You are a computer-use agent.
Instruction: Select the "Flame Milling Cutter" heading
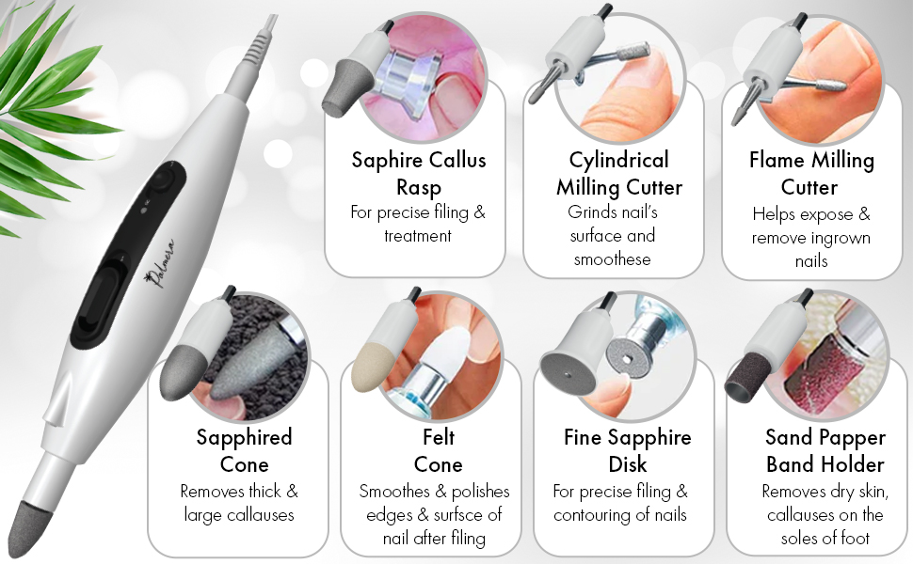(810, 172)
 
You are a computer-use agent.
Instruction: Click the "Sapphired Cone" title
(244, 450)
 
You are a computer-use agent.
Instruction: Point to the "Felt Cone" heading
(438, 450)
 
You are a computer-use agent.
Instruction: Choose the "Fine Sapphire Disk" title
(627, 450)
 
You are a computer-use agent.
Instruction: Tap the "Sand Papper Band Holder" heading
(825, 450)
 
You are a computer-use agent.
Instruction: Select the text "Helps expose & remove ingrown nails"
(810, 238)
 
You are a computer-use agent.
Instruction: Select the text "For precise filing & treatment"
(418, 224)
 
